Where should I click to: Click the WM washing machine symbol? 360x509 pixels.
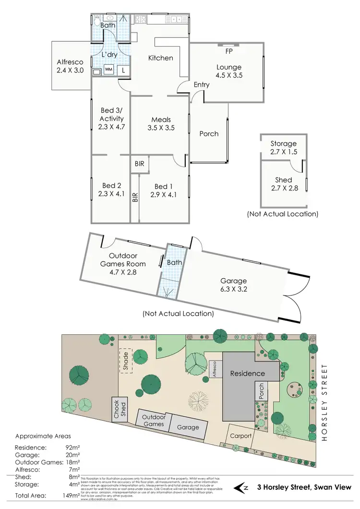[109, 70]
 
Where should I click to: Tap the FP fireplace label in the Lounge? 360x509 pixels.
[227, 50]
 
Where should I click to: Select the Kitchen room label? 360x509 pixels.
[160, 58]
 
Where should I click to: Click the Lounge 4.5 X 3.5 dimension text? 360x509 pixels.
[228, 75]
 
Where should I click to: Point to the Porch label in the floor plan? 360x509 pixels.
[209, 134]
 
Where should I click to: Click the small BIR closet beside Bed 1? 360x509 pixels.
[140, 164]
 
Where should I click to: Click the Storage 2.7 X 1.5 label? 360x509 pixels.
[283, 148]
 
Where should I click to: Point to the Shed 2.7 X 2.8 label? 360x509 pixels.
[283, 184]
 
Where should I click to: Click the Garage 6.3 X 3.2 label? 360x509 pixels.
[233, 285]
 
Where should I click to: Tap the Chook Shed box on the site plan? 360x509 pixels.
[118, 408]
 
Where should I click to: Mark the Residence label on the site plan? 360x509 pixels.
[247, 373]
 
